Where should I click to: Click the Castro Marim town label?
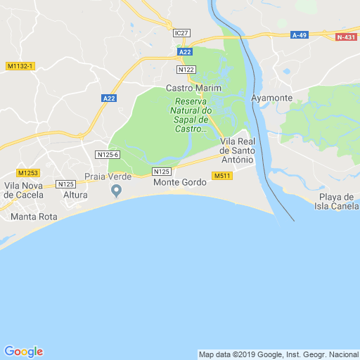(193, 88)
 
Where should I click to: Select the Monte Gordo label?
(180, 182)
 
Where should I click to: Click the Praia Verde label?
(108, 176)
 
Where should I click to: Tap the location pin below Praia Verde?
(117, 190)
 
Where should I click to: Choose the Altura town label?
(75, 194)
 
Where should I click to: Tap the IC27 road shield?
(182, 33)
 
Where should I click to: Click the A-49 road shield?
(300, 34)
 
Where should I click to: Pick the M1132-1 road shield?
(20, 66)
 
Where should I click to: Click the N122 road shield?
(187, 70)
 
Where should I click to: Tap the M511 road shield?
(222, 176)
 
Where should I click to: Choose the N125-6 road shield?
(108, 155)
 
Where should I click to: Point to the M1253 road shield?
(28, 173)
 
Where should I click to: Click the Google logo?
(24, 352)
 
